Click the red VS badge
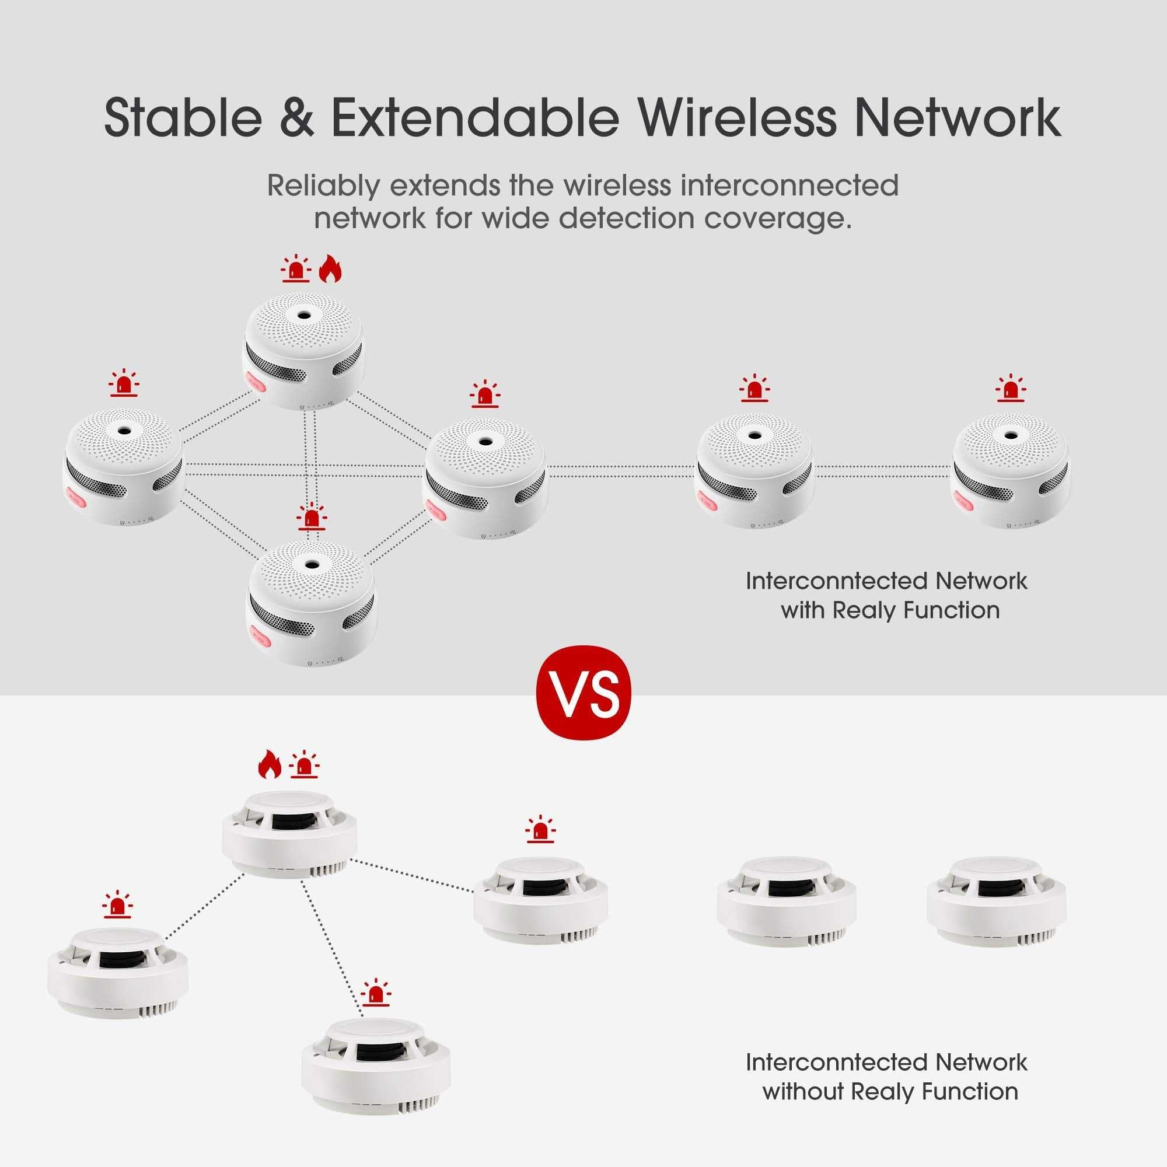click(584, 698)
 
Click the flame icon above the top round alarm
click(330, 269)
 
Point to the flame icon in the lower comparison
click(270, 764)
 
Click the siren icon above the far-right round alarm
click(1011, 389)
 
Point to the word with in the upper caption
click(803, 610)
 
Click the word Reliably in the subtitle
click(323, 186)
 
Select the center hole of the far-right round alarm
click(1008, 434)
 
